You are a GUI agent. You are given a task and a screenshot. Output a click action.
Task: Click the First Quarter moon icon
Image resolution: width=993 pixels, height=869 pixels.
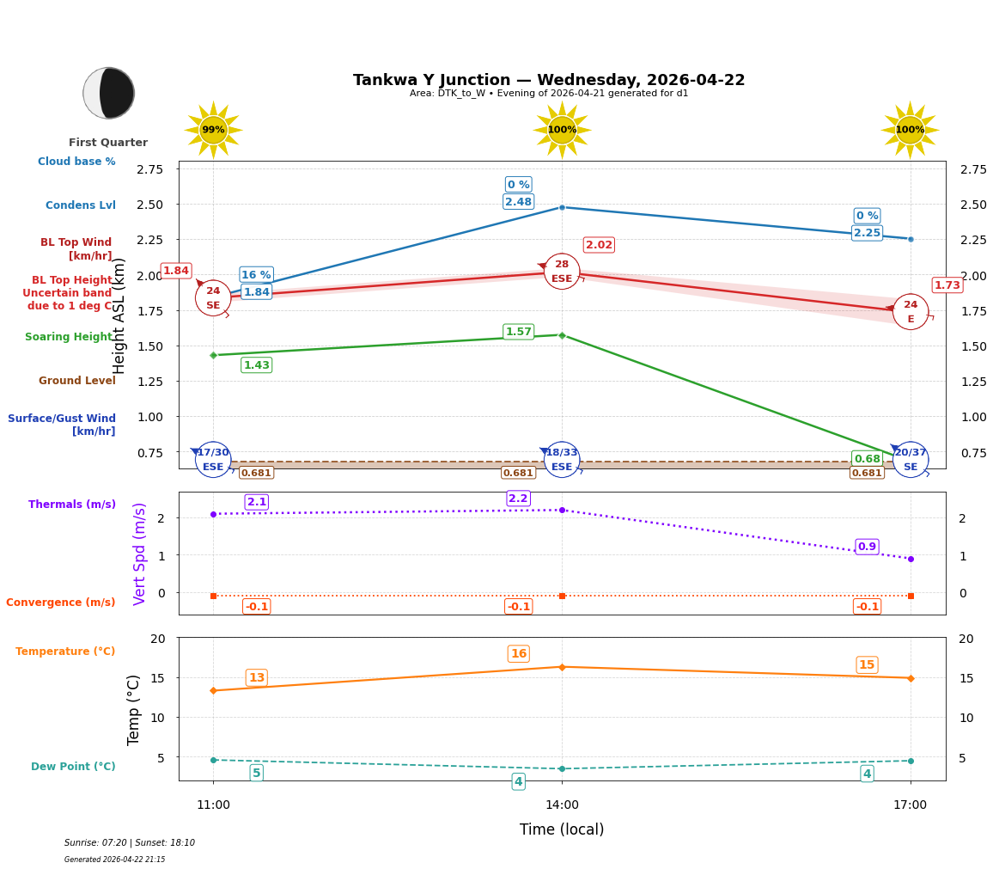click(x=108, y=93)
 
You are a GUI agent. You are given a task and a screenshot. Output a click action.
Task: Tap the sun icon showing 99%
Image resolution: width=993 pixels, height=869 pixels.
click(x=213, y=130)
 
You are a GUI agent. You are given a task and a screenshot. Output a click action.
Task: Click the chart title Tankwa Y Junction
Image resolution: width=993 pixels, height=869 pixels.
click(x=548, y=80)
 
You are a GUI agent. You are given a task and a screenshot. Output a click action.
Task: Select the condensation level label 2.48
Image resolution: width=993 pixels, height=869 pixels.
click(x=518, y=202)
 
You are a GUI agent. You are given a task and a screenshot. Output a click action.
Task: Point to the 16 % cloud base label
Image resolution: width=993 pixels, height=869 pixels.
click(x=256, y=275)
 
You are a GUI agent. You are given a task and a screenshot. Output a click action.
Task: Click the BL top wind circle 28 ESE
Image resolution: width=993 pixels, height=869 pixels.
click(x=562, y=272)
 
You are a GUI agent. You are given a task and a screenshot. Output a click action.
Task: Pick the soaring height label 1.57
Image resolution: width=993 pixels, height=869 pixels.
click(x=518, y=332)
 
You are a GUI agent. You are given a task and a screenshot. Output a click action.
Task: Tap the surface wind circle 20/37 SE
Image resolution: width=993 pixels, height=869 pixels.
click(x=910, y=460)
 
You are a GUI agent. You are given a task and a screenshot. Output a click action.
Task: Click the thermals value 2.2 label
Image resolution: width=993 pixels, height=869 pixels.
click(x=518, y=499)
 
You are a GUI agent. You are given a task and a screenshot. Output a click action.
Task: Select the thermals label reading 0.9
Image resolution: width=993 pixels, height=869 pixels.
click(x=867, y=547)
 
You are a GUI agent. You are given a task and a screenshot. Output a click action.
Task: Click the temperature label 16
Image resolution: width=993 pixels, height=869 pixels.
click(x=518, y=654)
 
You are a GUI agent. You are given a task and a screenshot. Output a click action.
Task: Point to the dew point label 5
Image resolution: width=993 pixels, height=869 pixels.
click(x=256, y=774)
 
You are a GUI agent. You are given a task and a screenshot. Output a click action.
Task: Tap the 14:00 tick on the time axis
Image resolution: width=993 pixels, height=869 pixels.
click(x=562, y=805)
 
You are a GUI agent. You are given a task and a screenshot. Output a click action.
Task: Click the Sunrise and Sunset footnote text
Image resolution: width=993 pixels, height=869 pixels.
click(x=130, y=843)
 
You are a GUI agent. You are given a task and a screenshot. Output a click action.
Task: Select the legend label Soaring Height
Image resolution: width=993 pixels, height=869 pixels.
click(x=69, y=337)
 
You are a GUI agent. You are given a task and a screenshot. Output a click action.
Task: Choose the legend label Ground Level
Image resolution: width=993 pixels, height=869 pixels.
click(x=77, y=381)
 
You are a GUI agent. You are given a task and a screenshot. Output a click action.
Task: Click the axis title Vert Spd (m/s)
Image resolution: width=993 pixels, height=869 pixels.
click(x=140, y=554)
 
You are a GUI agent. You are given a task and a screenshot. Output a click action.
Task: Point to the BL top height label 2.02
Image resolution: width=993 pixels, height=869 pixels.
click(x=599, y=245)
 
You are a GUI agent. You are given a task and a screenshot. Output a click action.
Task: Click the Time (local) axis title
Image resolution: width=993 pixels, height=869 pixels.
click(x=562, y=829)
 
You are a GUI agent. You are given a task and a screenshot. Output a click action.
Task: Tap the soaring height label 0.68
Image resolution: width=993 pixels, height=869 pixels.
click(x=867, y=458)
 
